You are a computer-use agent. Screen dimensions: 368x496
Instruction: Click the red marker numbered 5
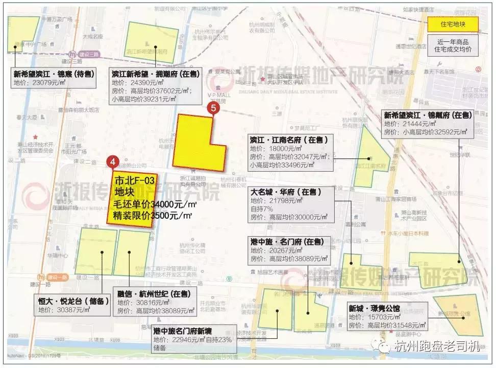pyautogui.click(x=213, y=108)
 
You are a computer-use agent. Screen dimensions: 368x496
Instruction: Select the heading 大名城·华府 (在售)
pyautogui.click(x=285, y=192)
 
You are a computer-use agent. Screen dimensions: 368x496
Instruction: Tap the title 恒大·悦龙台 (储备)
pyautogui.click(x=70, y=301)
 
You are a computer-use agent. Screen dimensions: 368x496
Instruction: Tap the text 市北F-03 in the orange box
pyautogui.click(x=134, y=180)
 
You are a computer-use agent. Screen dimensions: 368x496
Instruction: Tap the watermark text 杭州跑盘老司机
pyautogui.click(x=437, y=347)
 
